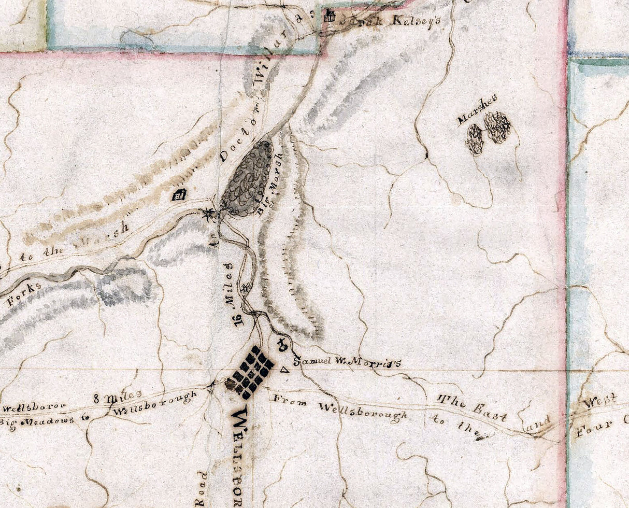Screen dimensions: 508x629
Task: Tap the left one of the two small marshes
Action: pyautogui.click(x=475, y=139)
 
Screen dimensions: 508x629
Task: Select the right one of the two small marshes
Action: pyautogui.click(x=497, y=128)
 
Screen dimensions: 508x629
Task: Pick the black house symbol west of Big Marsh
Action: pyautogui.click(x=179, y=195)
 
